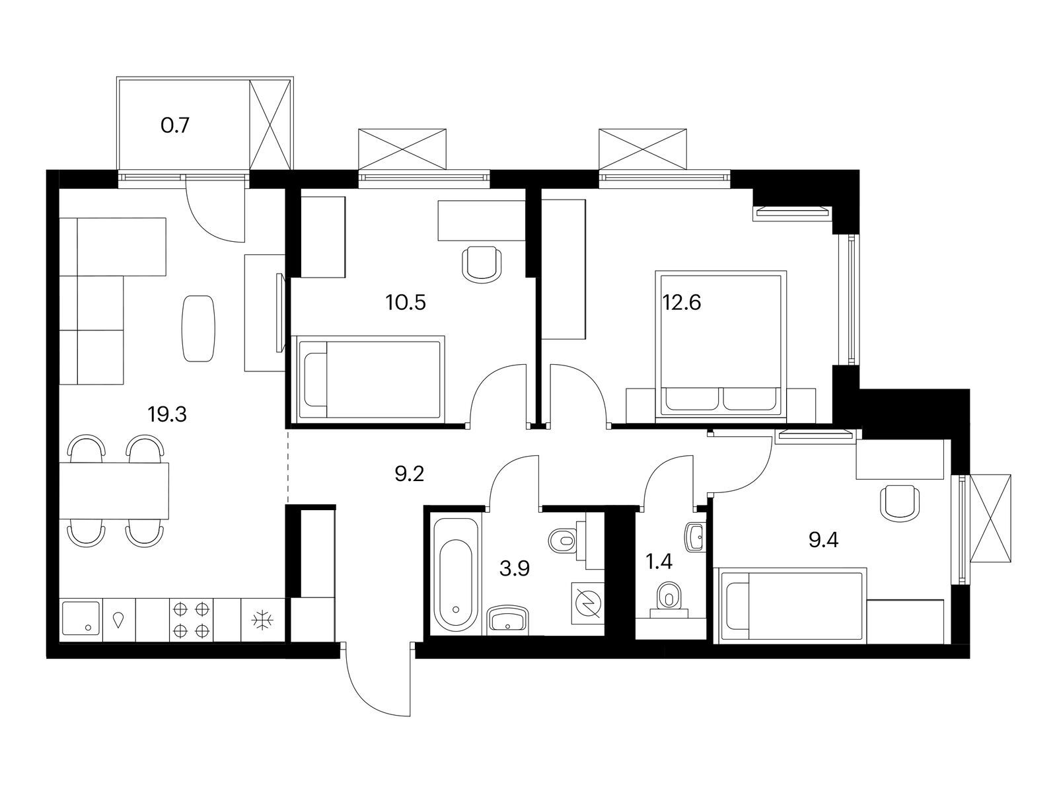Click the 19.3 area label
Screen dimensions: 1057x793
click(x=167, y=414)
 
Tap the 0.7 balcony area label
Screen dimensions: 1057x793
click(x=175, y=126)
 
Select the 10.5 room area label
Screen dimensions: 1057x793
click(x=406, y=303)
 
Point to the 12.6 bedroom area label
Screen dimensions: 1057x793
click(x=681, y=303)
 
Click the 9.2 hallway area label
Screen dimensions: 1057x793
click(x=410, y=474)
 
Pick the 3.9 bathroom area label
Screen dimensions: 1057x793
click(x=514, y=568)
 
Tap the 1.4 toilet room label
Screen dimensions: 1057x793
click(x=659, y=562)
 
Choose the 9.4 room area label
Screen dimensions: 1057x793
click(x=823, y=541)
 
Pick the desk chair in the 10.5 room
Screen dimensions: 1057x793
click(x=482, y=264)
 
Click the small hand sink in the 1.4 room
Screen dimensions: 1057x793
click(x=696, y=537)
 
